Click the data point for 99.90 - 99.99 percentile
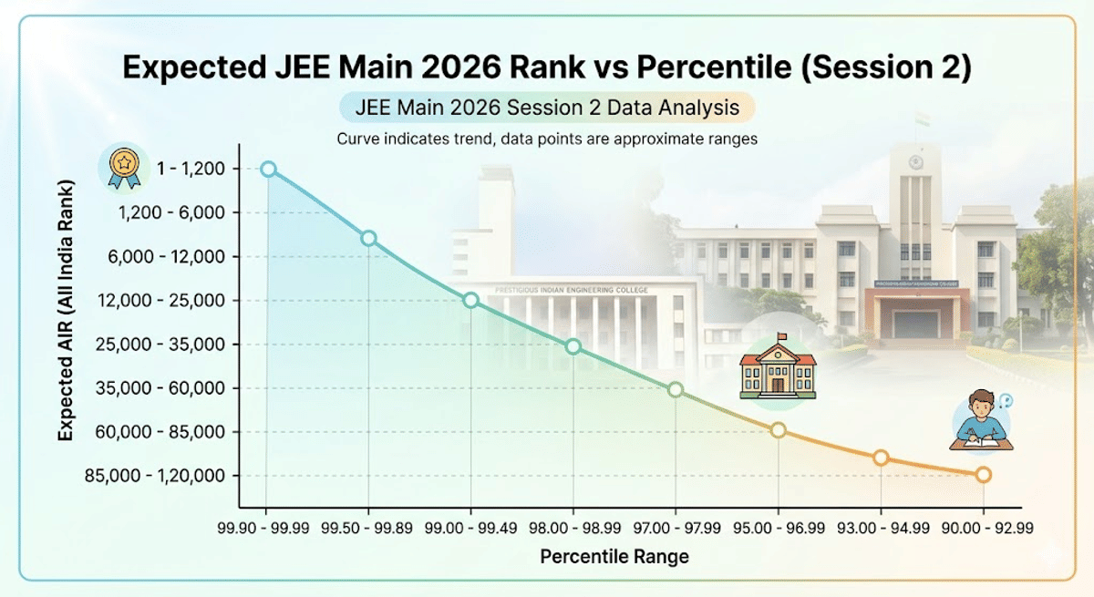(x=268, y=169)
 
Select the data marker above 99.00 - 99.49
(x=470, y=300)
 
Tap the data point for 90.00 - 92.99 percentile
(x=983, y=475)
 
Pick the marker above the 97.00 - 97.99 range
(x=676, y=389)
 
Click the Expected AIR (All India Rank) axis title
(x=66, y=312)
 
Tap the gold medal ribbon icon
(x=121, y=168)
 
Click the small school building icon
(x=778, y=369)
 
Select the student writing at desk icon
(x=980, y=421)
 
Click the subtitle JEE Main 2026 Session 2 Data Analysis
(x=546, y=108)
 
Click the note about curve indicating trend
(x=546, y=139)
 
